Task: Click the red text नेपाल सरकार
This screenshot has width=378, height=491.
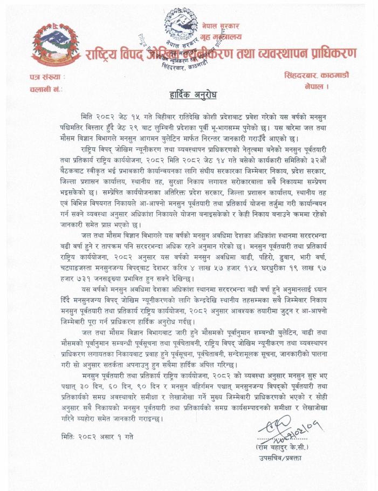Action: (221, 26)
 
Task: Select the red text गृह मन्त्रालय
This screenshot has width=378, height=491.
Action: (221, 37)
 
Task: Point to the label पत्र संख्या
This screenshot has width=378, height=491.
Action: (47, 77)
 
